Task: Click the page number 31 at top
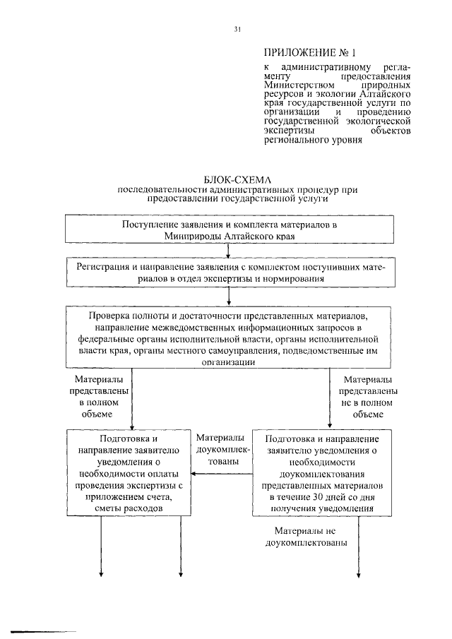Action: [238, 29]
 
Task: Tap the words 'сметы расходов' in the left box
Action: [130, 508]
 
